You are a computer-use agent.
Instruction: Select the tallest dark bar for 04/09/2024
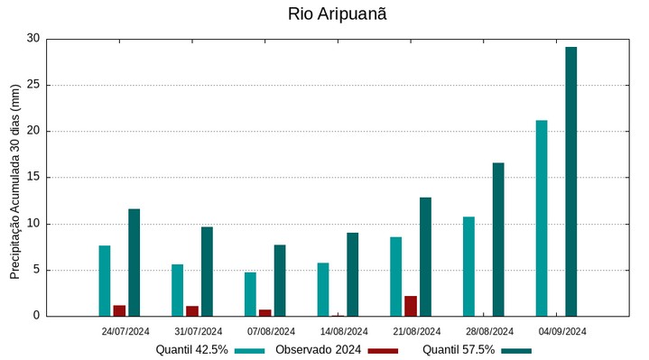(570, 180)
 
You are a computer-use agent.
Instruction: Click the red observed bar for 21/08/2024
(411, 306)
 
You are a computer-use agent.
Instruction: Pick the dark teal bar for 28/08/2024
(498, 239)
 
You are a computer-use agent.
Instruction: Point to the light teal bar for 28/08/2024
(468, 266)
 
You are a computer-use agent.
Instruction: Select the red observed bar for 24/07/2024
(119, 310)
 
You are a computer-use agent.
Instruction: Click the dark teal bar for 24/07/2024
(134, 263)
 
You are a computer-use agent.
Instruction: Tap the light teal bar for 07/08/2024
(250, 294)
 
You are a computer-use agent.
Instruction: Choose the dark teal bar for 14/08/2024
(352, 274)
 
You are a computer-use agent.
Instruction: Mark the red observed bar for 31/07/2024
(192, 310)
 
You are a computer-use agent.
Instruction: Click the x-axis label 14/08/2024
(344, 331)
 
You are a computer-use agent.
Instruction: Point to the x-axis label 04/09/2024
(562, 331)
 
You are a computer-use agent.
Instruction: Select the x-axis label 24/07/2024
(125, 331)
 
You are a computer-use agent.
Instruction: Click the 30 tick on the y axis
(33, 39)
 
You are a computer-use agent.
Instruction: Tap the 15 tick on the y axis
(33, 178)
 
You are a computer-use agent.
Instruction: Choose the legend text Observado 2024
(319, 350)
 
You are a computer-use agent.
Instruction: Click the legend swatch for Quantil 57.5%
(516, 350)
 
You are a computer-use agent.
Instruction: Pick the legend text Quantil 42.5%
(191, 350)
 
